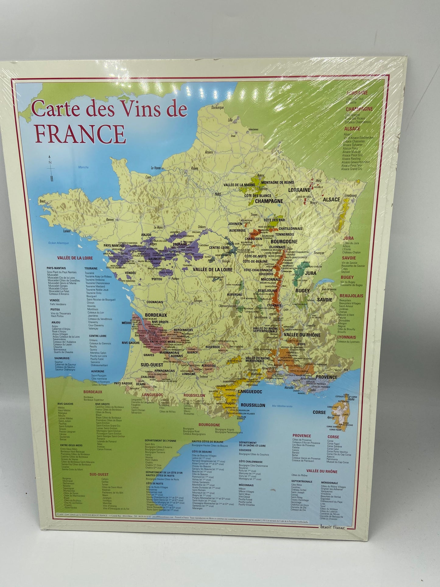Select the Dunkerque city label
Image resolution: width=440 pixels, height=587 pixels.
(217, 108)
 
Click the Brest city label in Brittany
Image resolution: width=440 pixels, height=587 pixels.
(42, 201)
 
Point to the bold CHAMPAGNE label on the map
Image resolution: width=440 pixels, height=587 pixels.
(269, 201)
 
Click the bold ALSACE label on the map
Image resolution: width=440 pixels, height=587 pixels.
(331, 200)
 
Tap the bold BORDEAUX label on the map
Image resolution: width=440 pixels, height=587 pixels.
(156, 315)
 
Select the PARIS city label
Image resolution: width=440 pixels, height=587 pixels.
(218, 194)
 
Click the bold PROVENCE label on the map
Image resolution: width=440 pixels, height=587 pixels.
(326, 377)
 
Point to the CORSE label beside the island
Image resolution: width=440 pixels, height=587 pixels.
(319, 412)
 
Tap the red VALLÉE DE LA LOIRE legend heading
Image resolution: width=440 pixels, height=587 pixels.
(75, 258)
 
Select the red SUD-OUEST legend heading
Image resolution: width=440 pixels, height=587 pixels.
(99, 474)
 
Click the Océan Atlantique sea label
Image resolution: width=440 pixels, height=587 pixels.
(58, 243)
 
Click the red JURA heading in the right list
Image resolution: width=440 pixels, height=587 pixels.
(348, 238)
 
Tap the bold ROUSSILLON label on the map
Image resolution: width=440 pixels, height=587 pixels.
(253, 405)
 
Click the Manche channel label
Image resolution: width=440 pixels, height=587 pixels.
(83, 167)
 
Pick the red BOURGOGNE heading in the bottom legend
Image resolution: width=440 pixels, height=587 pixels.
(209, 425)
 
